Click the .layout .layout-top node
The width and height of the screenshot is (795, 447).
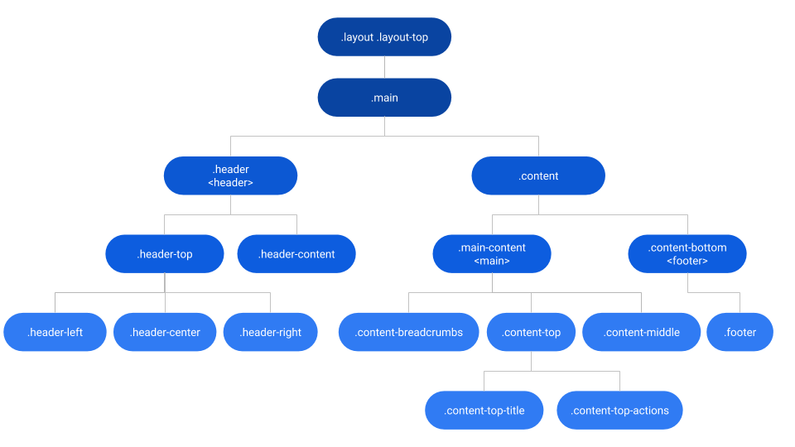tap(384, 37)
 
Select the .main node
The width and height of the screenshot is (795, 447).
tap(384, 98)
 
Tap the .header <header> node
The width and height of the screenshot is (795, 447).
tap(230, 175)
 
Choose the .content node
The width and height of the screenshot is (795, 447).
tap(538, 175)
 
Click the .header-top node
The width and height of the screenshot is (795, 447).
tap(164, 254)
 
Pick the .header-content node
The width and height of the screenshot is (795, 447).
tap(296, 254)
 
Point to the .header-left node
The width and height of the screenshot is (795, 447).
tap(55, 332)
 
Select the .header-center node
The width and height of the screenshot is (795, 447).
tap(165, 332)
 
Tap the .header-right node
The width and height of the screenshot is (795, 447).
tap(270, 332)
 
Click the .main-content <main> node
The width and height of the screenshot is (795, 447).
tap(491, 254)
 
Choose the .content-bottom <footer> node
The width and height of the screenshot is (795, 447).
tap(687, 254)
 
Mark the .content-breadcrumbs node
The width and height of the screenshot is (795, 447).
tap(408, 332)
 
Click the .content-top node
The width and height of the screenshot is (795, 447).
tap(532, 332)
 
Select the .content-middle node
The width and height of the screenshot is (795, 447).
tap(642, 332)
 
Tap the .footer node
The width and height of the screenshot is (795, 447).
tap(740, 332)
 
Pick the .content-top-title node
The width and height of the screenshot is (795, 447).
tap(484, 411)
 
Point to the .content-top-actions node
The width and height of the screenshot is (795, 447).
tap(619, 411)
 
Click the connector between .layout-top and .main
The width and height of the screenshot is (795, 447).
tap(384, 67)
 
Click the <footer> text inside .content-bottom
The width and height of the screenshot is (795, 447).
tap(687, 262)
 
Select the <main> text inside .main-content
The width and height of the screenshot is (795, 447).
tap(491, 262)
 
